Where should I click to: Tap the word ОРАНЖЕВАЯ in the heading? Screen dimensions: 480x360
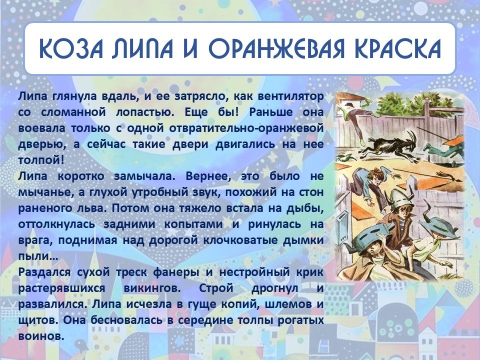(x=276, y=48)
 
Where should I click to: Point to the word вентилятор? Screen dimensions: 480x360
(x=290, y=96)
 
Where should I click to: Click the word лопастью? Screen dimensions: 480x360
(x=145, y=112)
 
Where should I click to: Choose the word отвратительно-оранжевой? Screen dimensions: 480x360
(x=246, y=128)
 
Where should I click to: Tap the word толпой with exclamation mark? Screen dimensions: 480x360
(x=41, y=160)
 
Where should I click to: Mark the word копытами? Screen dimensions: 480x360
(x=193, y=224)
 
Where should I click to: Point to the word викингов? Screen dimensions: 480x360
(x=152, y=288)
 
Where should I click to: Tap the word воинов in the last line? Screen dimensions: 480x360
(x=41, y=336)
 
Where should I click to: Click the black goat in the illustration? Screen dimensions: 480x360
(x=389, y=146)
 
